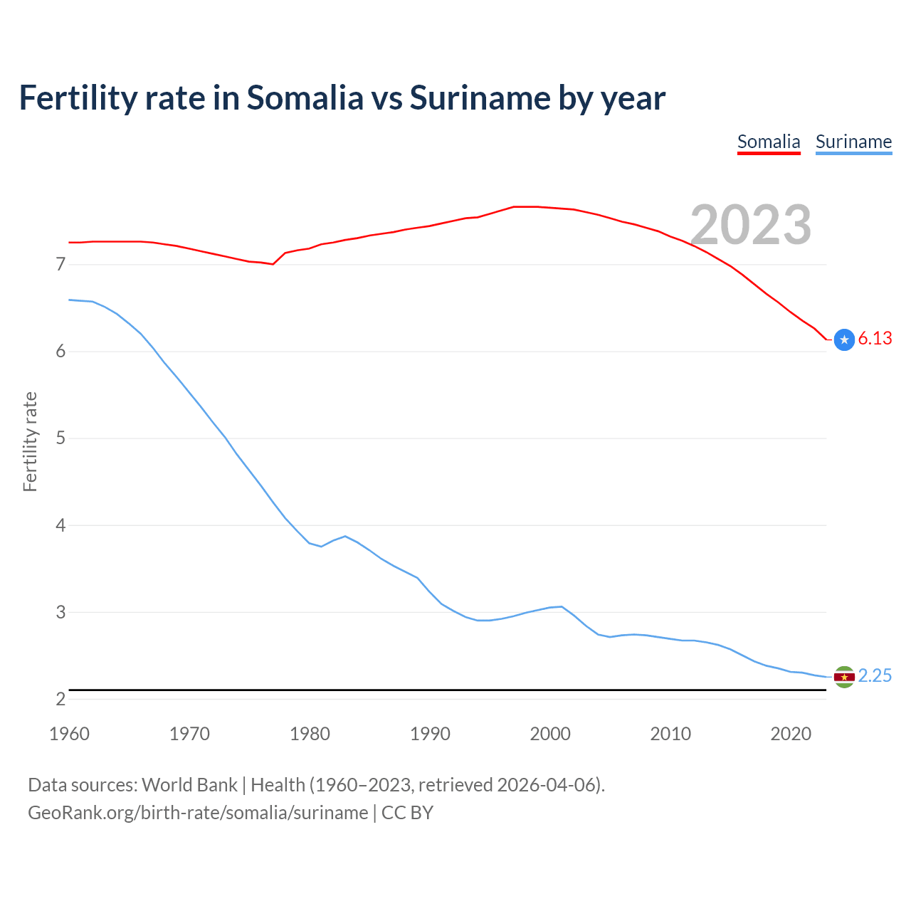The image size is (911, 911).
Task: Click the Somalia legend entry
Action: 769,142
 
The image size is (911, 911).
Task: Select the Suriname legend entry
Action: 853,142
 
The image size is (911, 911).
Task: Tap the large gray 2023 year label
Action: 751,225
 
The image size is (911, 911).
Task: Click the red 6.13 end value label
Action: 875,339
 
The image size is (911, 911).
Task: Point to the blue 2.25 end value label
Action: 875,675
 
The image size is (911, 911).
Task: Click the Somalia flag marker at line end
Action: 844,340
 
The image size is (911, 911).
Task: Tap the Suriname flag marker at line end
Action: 844,677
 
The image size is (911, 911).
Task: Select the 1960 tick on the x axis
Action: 69,734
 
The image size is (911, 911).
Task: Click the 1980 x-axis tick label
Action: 310,734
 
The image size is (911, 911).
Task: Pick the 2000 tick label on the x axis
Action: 550,734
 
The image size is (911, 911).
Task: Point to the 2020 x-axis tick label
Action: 791,734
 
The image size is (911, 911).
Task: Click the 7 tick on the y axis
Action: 60,265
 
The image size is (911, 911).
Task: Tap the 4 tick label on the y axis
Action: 60,525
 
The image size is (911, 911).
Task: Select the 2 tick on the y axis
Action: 60,699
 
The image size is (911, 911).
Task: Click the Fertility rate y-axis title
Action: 30,441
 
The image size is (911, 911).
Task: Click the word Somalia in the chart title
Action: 305,98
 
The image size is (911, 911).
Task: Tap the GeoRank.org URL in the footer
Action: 198,813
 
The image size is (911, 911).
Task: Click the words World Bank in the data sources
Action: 189,785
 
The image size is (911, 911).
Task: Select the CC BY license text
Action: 407,813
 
